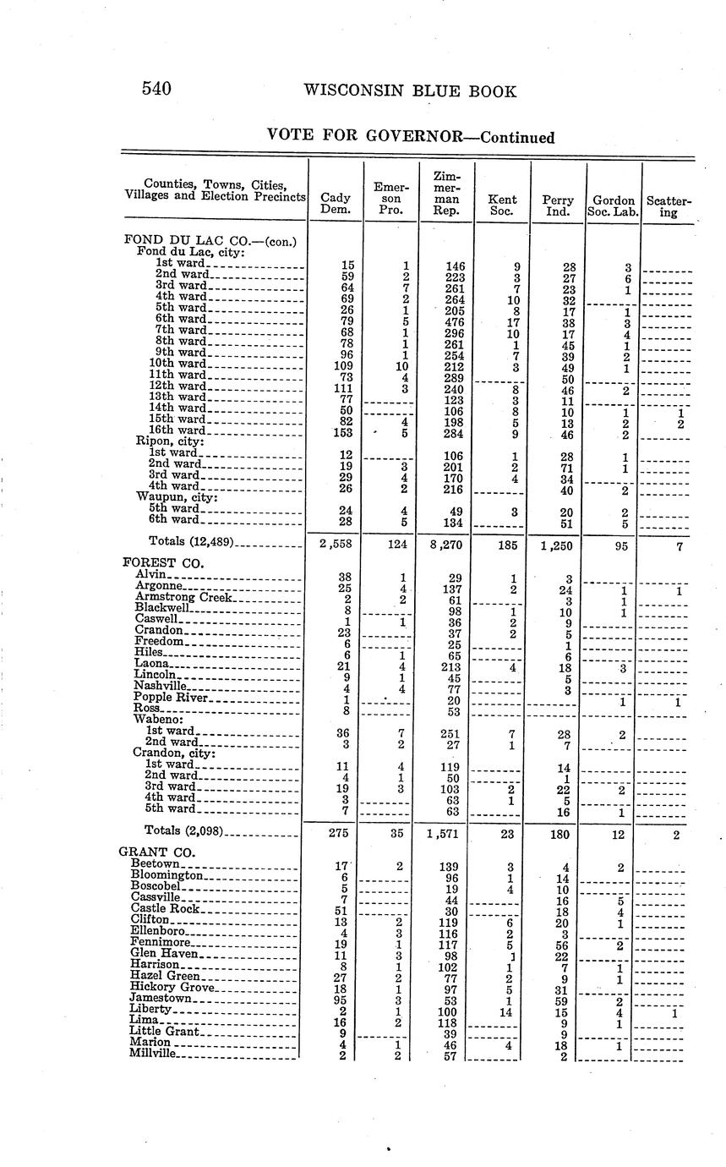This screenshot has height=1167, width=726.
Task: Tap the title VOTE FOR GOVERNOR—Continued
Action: tap(411, 136)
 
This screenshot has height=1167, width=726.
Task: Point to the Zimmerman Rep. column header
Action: tap(446, 194)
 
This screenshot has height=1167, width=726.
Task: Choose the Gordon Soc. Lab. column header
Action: tap(614, 205)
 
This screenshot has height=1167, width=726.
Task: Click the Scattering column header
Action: tap(669, 207)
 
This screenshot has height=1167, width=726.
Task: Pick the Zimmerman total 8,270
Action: tap(445, 545)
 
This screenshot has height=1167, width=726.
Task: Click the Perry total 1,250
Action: tap(557, 545)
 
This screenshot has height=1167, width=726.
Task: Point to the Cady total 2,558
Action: tap(336, 545)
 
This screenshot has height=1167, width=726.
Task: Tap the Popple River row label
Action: tap(170, 698)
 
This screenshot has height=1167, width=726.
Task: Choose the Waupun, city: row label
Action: tap(177, 497)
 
